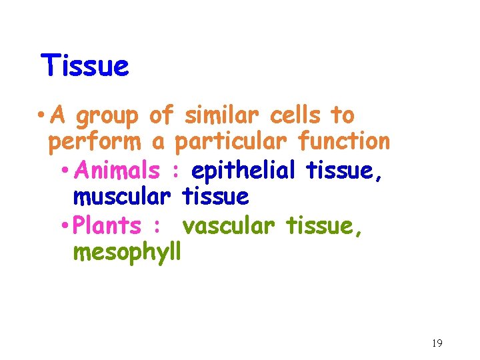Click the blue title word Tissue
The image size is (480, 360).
[x=84, y=66]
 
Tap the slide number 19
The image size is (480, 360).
[x=437, y=343]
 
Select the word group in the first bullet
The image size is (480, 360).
[x=107, y=117]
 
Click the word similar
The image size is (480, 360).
[x=218, y=115]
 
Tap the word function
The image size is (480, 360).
[x=344, y=141]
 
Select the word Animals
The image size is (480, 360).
[x=117, y=171]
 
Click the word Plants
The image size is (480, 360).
[x=107, y=225]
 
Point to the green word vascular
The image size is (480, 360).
[x=229, y=226]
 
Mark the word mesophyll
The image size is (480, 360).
[x=127, y=253]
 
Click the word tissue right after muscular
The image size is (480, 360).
[x=215, y=197]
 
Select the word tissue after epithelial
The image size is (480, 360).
[x=344, y=171]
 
